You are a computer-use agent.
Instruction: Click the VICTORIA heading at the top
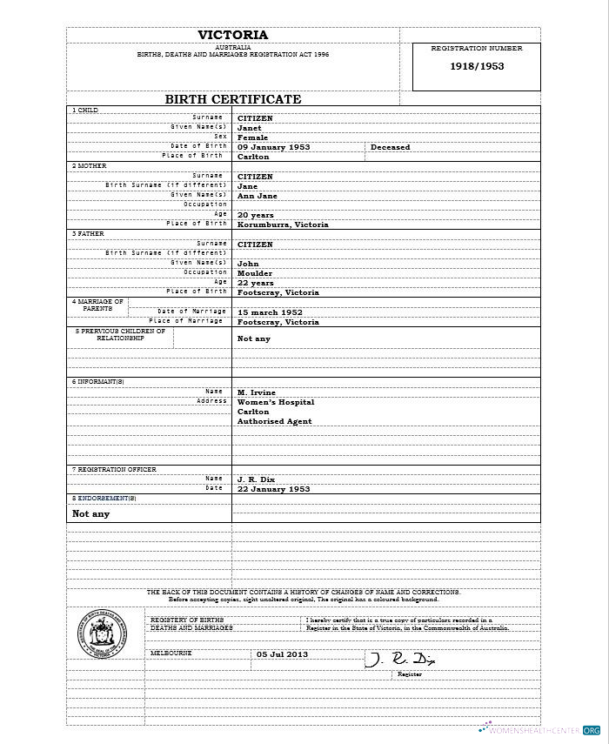[232, 35]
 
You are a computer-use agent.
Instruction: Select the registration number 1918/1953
[476, 66]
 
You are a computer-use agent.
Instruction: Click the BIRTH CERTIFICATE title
[232, 99]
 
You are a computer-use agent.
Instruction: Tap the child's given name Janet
[249, 128]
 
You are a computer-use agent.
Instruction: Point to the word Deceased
[390, 147]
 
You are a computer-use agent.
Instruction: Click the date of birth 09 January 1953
[274, 147]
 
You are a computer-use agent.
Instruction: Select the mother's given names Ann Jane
[258, 196]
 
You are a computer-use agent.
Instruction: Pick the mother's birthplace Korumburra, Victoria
[283, 225]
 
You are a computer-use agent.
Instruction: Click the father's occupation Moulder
[255, 273]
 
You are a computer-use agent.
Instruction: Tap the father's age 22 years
[256, 283]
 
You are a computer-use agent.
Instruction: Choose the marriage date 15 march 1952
[270, 312]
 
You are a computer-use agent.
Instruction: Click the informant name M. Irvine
[256, 392]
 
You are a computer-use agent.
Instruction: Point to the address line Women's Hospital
[276, 402]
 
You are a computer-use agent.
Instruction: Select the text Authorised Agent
[274, 421]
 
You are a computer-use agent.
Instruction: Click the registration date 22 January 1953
[273, 489]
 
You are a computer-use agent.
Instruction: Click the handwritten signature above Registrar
[399, 659]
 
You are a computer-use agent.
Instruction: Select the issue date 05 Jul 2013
[282, 654]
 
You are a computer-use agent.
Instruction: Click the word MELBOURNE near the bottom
[171, 653]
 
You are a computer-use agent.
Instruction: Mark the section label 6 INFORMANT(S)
[97, 381]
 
